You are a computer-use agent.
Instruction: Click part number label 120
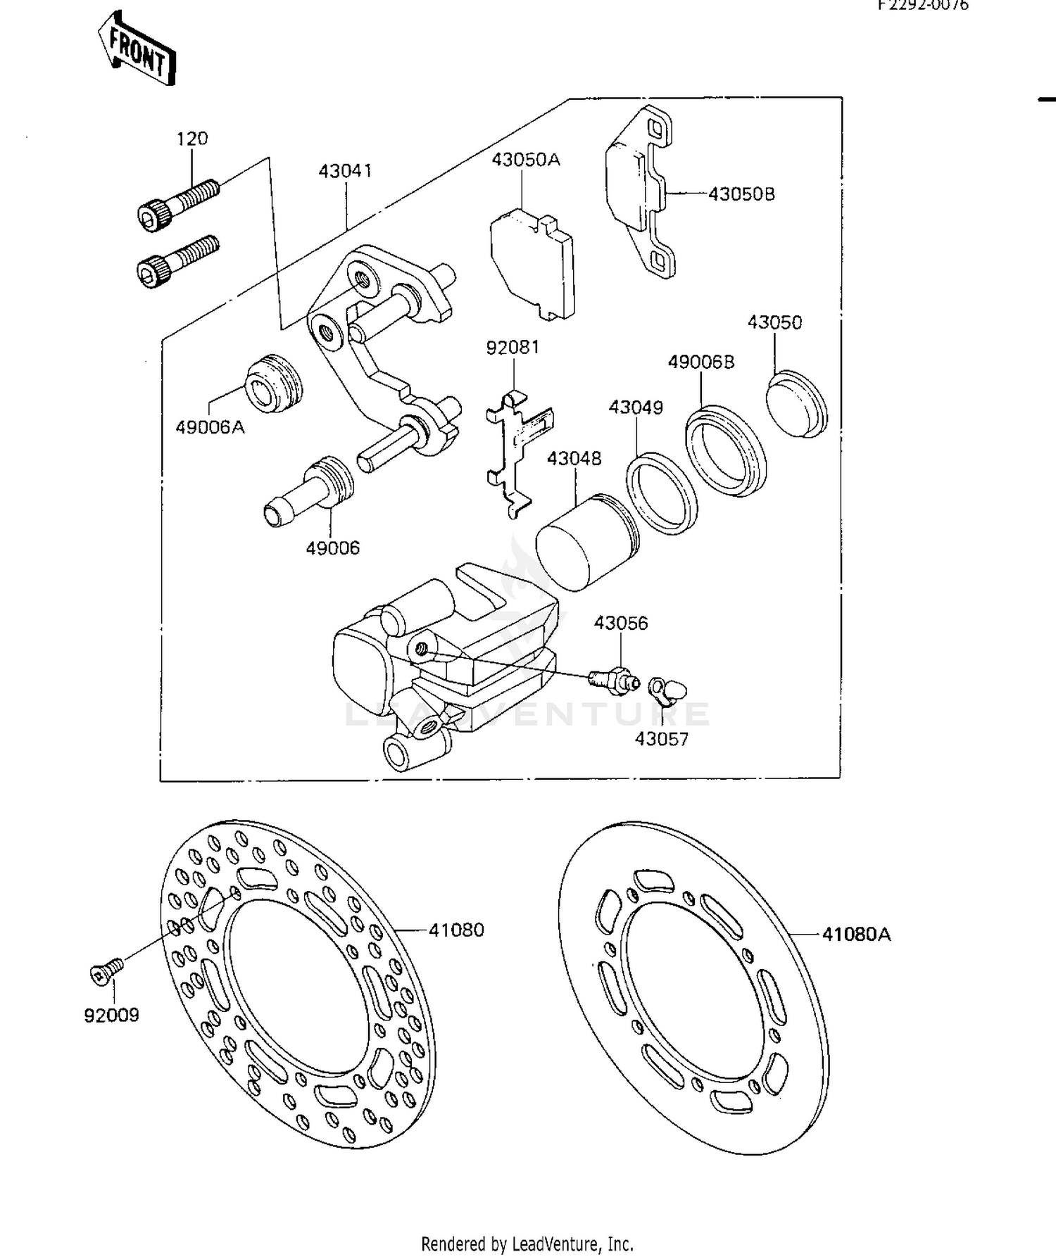tap(191, 139)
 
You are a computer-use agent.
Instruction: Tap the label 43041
tap(345, 171)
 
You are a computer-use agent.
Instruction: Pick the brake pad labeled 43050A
tap(533, 265)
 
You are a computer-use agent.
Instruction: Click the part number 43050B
tap(741, 194)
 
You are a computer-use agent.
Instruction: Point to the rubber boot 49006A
tap(275, 384)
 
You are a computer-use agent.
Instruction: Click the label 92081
tap(513, 348)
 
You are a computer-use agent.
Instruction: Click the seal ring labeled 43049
tap(662, 493)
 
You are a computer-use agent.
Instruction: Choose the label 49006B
tap(700, 362)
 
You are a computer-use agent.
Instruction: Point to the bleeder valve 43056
tap(613, 679)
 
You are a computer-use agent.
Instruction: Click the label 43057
tap(661, 739)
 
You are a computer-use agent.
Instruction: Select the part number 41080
tap(456, 930)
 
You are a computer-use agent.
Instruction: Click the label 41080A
tap(856, 934)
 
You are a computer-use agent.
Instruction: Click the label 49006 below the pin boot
tap(332, 548)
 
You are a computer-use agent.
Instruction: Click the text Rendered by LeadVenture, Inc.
tap(527, 1244)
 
